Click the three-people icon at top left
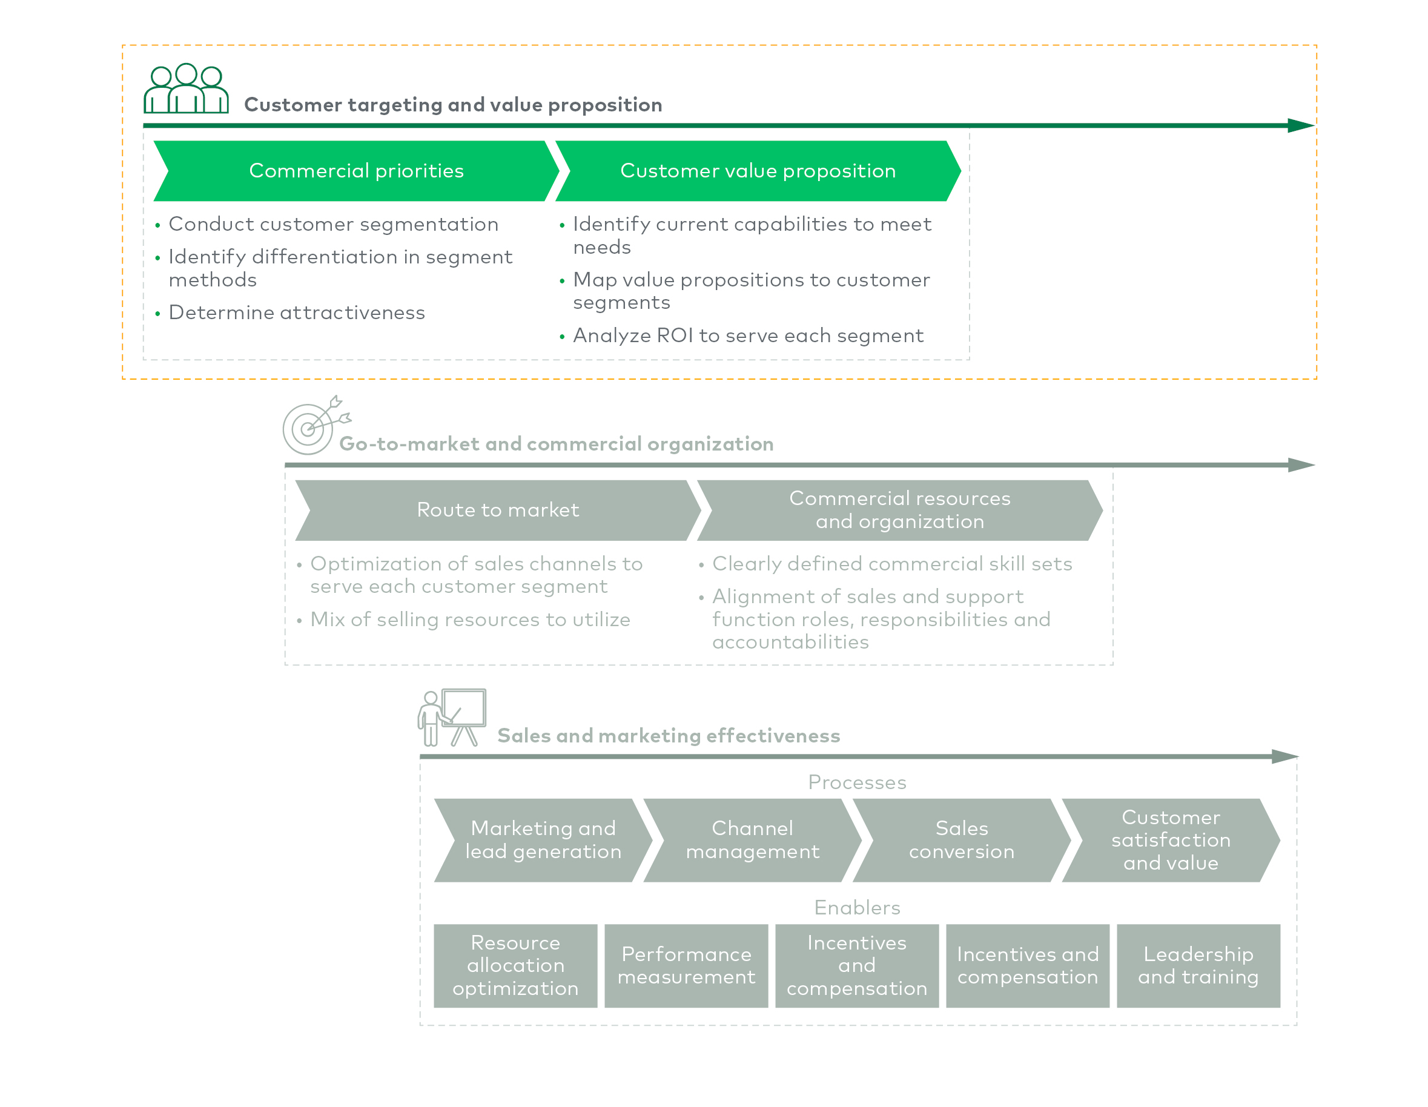(x=187, y=89)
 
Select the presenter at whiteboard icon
(x=452, y=717)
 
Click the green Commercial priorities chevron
(x=356, y=171)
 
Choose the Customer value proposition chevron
(x=757, y=171)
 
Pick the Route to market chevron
(x=498, y=510)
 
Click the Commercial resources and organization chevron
(x=899, y=510)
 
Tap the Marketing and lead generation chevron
(x=543, y=840)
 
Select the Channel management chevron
(x=752, y=840)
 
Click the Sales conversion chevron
(x=961, y=840)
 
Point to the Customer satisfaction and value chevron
(x=1171, y=840)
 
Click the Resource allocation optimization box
(x=515, y=966)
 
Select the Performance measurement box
(x=686, y=966)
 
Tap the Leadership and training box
(x=1198, y=966)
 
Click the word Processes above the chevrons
(x=856, y=782)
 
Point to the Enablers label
(x=856, y=908)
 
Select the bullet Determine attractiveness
(x=296, y=312)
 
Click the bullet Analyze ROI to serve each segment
(x=747, y=335)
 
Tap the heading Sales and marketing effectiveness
(x=668, y=736)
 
